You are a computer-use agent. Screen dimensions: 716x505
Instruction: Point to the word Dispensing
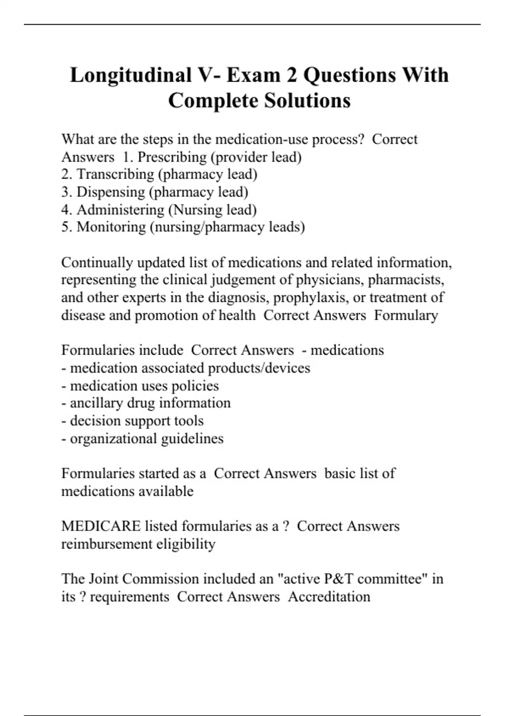pyautogui.click(x=110, y=192)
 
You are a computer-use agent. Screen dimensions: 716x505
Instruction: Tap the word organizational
pyautogui.click(x=114, y=438)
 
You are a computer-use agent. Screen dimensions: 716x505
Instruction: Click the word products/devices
pyautogui.click(x=259, y=368)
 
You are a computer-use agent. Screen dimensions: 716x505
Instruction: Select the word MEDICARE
pyautogui.click(x=101, y=526)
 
